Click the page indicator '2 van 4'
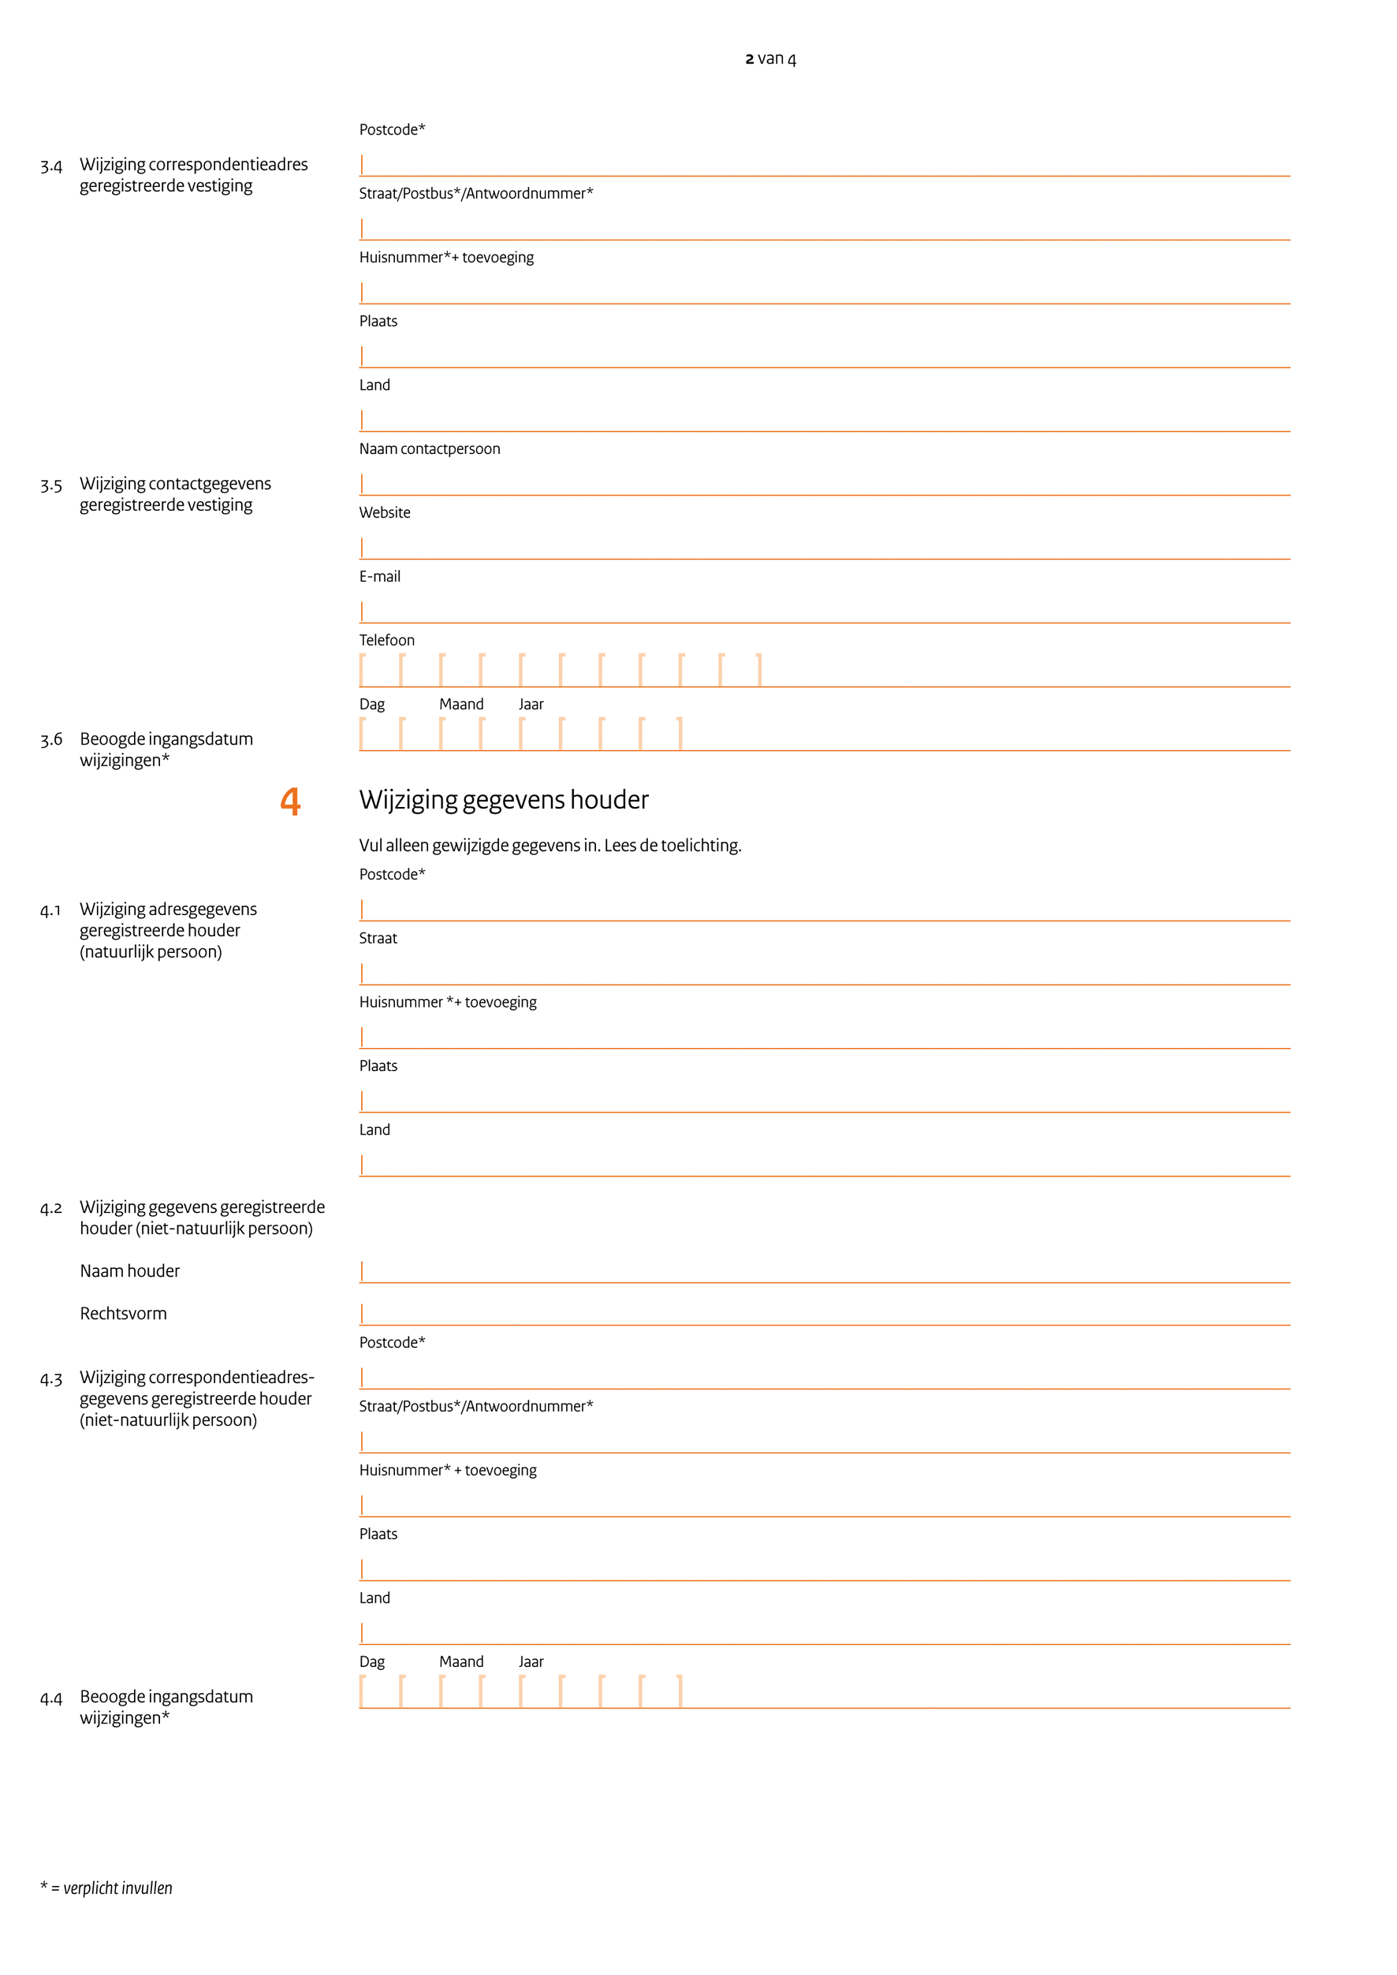(770, 58)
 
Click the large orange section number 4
(291, 801)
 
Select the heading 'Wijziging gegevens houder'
(503, 800)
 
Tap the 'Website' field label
(385, 513)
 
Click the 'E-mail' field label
(379, 576)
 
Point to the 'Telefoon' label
(386, 640)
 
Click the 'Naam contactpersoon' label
(429, 449)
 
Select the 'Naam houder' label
(130, 1270)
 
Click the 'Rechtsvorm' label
(123, 1314)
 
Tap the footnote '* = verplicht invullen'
(106, 1888)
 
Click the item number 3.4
(50, 166)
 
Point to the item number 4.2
(50, 1209)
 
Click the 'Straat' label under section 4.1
(378, 939)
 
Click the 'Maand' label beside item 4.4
(461, 1662)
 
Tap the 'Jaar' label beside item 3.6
(531, 705)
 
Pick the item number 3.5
(50, 486)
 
